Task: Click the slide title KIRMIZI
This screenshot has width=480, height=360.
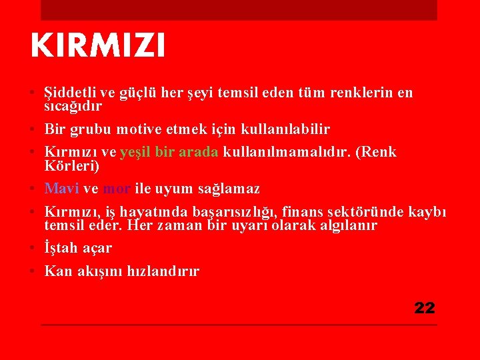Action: pos(97,47)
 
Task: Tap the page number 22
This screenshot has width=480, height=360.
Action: pos(425,308)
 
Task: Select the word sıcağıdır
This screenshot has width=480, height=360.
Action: pos(73,105)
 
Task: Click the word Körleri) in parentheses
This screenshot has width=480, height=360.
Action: pos(71,165)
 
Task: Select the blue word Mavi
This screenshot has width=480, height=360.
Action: pos(61,189)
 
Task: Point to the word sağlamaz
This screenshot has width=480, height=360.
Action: pos(227,189)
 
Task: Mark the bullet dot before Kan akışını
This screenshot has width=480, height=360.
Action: pos(33,271)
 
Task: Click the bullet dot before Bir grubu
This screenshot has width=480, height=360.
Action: pos(33,128)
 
